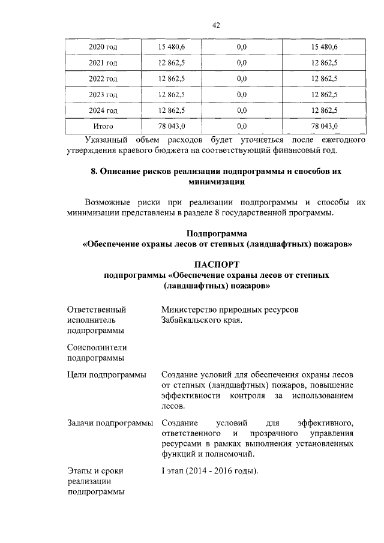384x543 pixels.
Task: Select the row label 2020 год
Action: tap(103, 47)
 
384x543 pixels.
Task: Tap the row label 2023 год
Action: tap(103, 95)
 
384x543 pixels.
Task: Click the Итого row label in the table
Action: tap(103, 127)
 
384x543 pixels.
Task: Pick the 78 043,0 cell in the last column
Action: tap(325, 127)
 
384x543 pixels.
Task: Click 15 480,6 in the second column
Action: tap(172, 47)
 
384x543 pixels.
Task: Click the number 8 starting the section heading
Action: tap(94, 171)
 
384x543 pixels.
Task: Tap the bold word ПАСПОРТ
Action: tap(217, 264)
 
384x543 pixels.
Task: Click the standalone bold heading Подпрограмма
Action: tap(217, 233)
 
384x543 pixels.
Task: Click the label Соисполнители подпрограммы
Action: tap(97, 353)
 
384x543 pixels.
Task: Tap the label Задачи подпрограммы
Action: tap(110, 424)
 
